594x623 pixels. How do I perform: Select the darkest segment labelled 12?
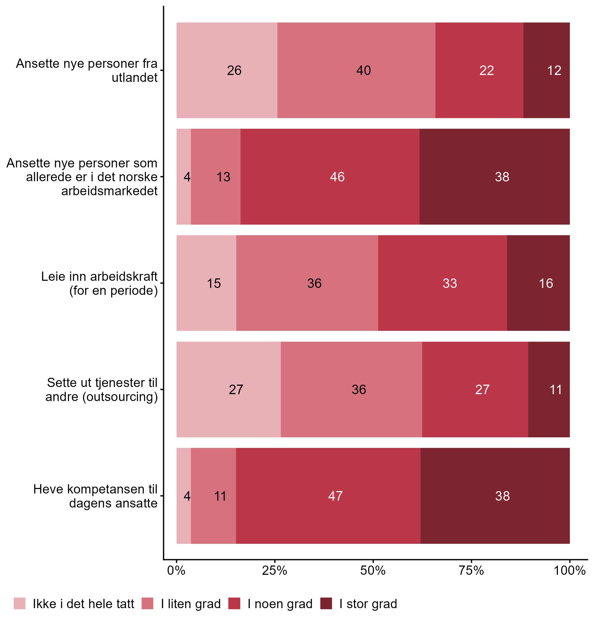click(547, 70)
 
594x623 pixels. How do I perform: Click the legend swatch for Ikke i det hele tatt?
click(20, 603)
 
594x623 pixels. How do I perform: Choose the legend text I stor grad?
click(368, 604)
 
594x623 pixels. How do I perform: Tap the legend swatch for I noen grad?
click(234, 603)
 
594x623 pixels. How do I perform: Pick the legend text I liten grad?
click(191, 604)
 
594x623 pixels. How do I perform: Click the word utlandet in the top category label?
click(134, 78)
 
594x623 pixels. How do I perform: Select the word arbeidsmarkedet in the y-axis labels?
click(110, 191)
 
